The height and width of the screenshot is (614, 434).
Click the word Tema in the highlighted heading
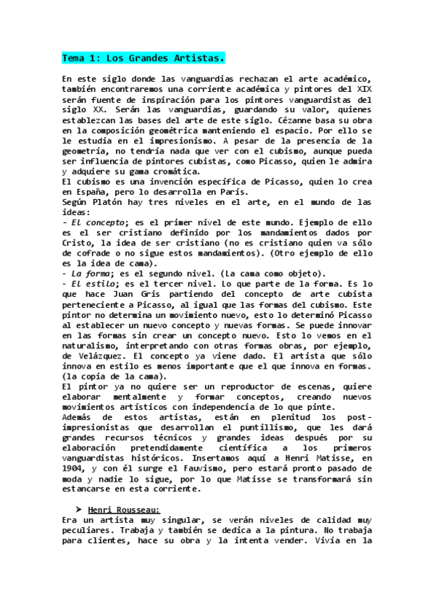(73, 57)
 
